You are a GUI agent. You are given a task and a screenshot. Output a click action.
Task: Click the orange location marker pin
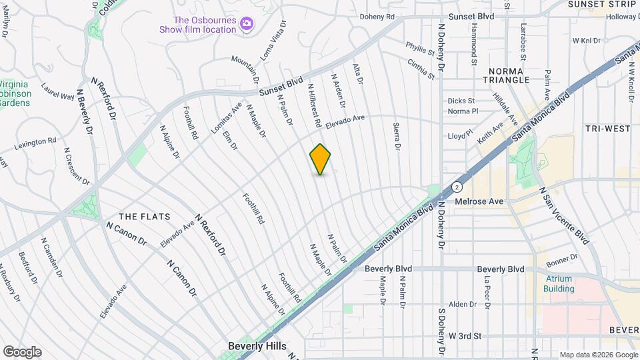(x=321, y=159)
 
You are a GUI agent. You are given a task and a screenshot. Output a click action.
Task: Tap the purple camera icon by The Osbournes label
(x=247, y=24)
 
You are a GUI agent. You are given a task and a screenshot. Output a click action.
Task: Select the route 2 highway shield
(x=457, y=186)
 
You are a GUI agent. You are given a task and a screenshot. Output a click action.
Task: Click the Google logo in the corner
(x=22, y=352)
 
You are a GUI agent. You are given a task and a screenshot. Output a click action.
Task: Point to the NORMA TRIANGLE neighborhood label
(x=509, y=75)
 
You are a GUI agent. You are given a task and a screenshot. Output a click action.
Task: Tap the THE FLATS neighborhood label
(x=144, y=217)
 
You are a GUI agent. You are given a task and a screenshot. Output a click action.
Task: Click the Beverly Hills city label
(x=257, y=346)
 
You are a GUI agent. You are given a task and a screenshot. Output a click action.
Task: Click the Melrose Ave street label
(x=479, y=201)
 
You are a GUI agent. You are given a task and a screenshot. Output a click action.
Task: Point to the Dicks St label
(x=461, y=101)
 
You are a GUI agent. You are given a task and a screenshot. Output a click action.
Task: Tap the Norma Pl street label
(x=463, y=111)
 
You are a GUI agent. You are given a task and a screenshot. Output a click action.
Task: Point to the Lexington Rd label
(x=35, y=142)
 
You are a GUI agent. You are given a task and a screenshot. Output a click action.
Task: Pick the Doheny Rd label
(x=377, y=17)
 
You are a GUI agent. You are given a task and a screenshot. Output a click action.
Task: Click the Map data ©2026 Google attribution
(x=599, y=355)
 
